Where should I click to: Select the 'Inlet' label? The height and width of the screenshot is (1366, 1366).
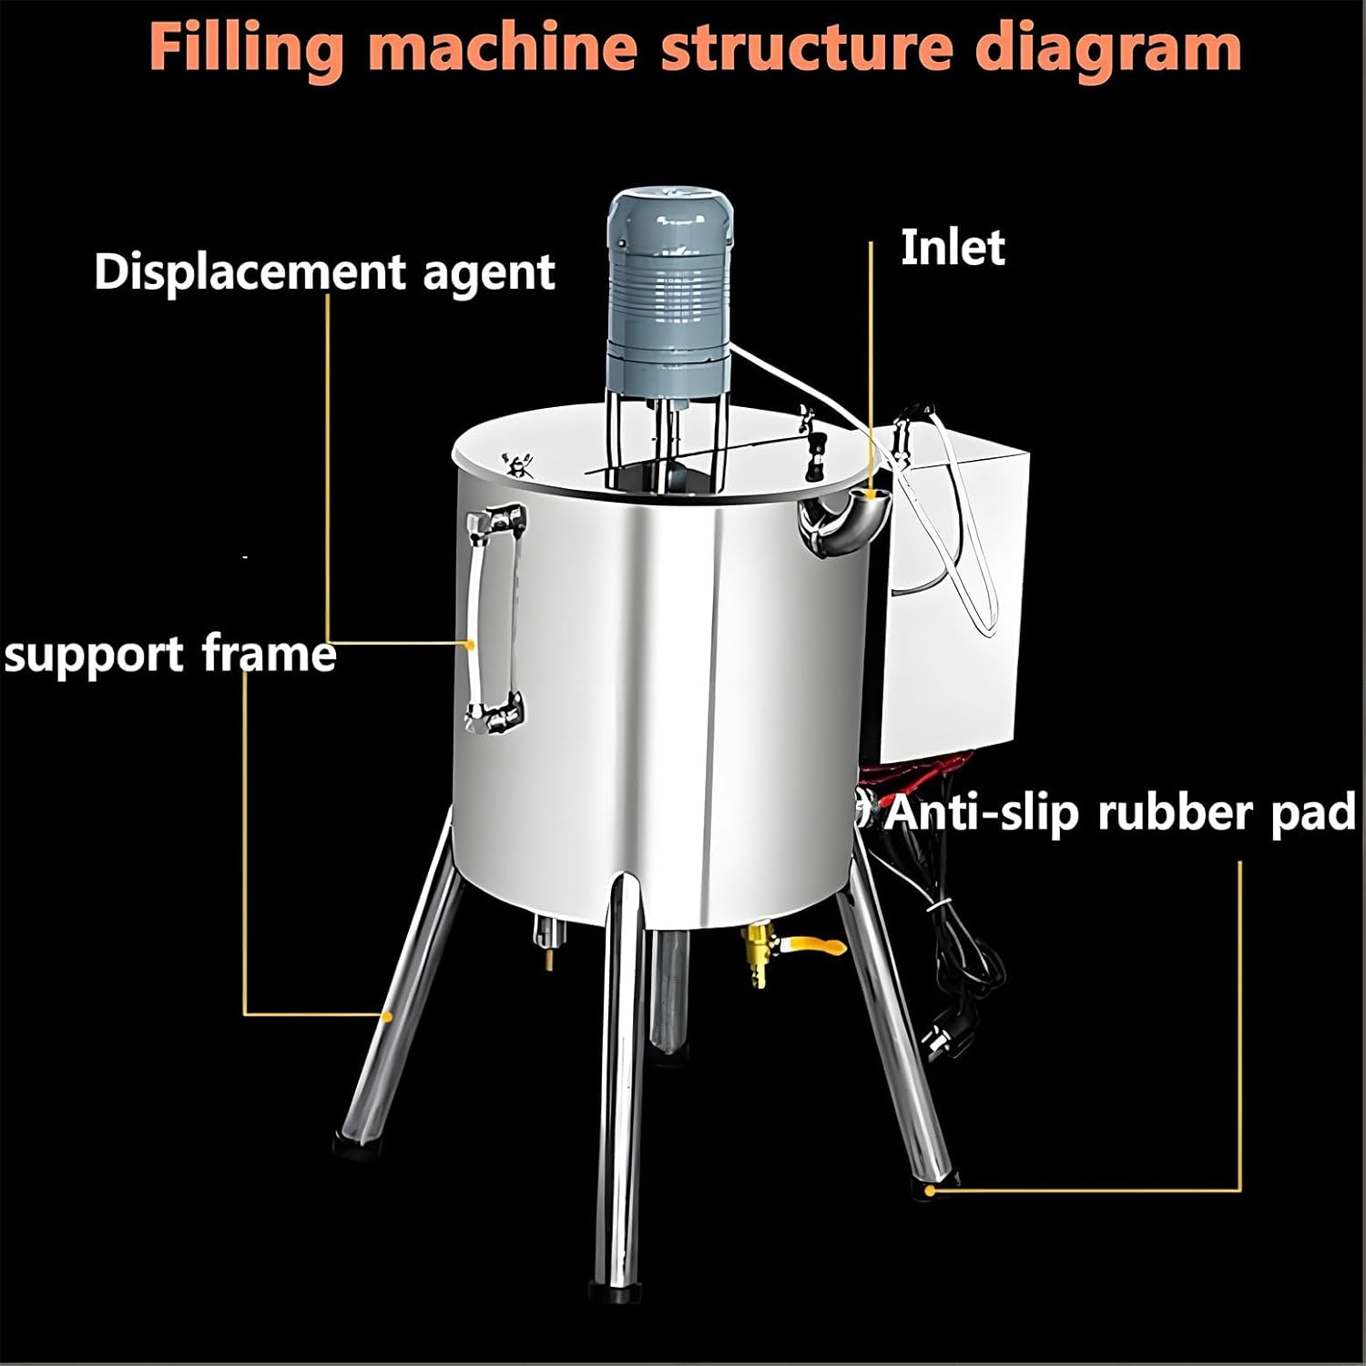tap(953, 248)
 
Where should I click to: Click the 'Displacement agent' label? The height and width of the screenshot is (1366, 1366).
tap(324, 271)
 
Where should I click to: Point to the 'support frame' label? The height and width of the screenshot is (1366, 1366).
tap(170, 654)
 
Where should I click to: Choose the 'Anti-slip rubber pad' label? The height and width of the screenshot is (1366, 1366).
tap(1120, 811)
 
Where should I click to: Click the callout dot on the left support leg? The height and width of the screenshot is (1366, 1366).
tap(388, 1014)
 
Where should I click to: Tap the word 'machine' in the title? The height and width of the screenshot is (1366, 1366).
tap(506, 47)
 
